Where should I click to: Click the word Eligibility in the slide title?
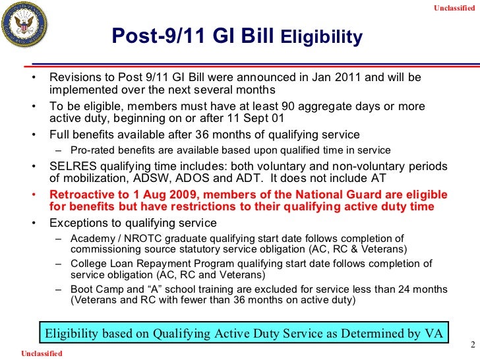click(322, 37)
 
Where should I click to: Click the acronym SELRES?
click(71, 166)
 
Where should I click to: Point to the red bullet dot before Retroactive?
click(33, 195)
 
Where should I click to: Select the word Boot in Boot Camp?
click(82, 290)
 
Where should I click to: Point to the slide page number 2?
click(471, 345)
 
